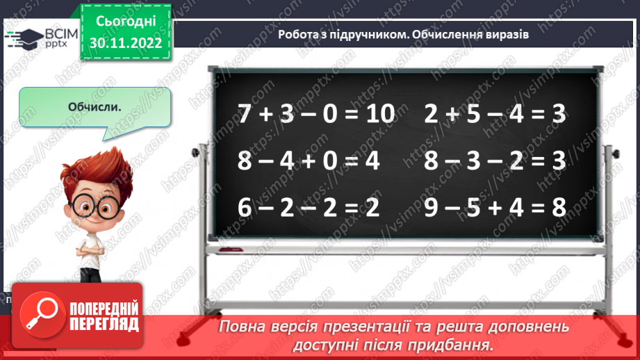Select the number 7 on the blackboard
244,115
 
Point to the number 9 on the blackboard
432,207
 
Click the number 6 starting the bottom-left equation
244,207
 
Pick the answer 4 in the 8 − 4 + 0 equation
373,161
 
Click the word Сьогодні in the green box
127,22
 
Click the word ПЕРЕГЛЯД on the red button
104,324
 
